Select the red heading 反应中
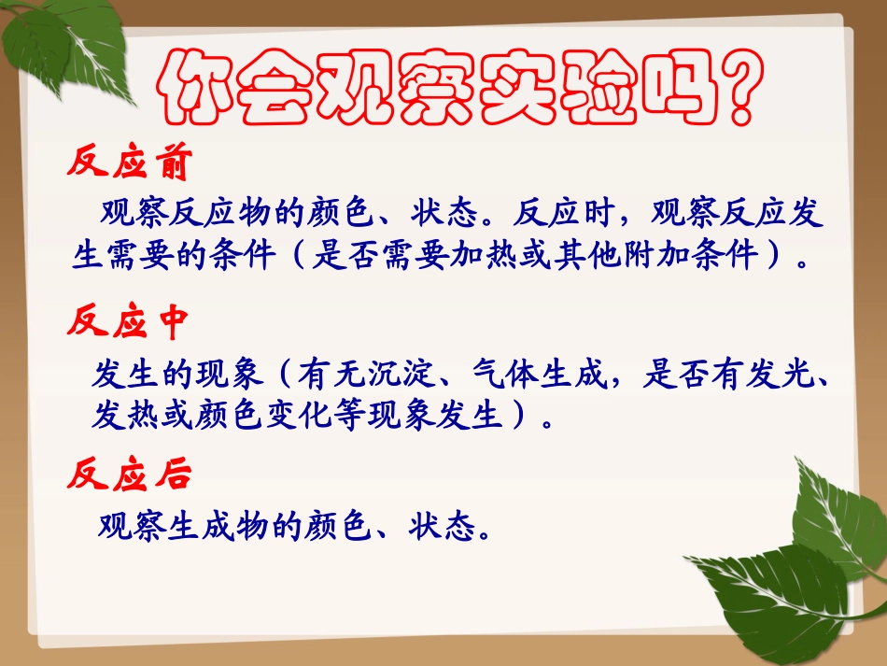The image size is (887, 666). [x=129, y=321]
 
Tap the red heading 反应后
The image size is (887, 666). [x=129, y=475]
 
